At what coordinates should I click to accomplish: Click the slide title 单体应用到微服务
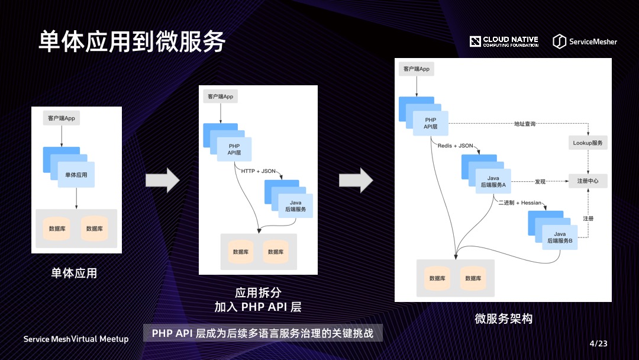pyautogui.click(x=132, y=41)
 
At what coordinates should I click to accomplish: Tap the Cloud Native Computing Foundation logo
pyautogui.click(x=504, y=41)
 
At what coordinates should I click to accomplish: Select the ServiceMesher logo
pyautogui.click(x=585, y=41)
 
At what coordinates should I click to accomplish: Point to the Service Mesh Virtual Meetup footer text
pyautogui.click(x=76, y=339)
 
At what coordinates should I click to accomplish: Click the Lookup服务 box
pyautogui.click(x=588, y=143)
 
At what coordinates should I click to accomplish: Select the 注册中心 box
pyautogui.click(x=588, y=181)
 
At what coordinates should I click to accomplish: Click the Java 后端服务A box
pyautogui.click(x=493, y=182)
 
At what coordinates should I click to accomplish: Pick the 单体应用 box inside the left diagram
pyautogui.click(x=76, y=175)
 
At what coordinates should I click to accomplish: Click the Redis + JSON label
pyautogui.click(x=455, y=146)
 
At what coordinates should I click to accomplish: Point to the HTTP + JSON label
pyautogui.click(x=259, y=171)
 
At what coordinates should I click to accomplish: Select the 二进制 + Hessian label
pyautogui.click(x=519, y=203)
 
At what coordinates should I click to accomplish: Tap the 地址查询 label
pyautogui.click(x=525, y=124)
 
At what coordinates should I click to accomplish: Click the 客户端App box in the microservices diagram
pyautogui.click(x=416, y=69)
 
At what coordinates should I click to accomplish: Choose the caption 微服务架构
pyautogui.click(x=504, y=319)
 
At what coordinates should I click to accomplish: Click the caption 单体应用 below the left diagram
pyautogui.click(x=74, y=273)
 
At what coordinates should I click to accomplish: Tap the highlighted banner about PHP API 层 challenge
pyautogui.click(x=263, y=333)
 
